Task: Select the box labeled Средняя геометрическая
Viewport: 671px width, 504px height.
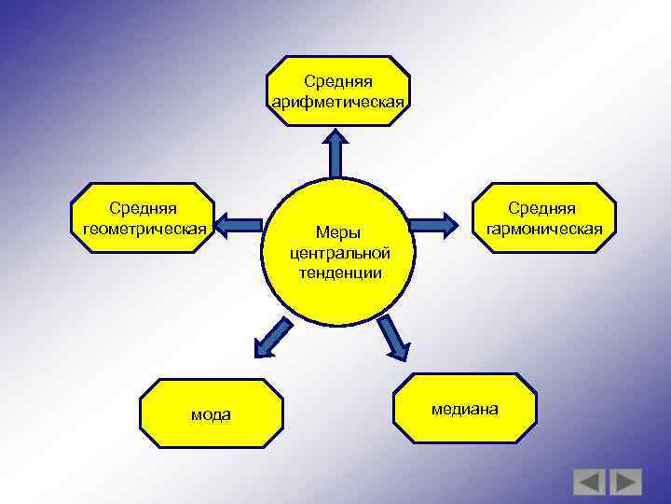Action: (x=143, y=218)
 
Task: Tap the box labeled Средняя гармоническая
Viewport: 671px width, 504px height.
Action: (x=541, y=218)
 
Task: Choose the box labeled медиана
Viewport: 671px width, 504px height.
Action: (x=464, y=408)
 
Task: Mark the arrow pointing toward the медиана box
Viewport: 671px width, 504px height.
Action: (x=393, y=337)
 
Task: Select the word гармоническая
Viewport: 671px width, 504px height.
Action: (x=541, y=227)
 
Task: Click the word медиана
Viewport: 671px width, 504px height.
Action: (x=464, y=409)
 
